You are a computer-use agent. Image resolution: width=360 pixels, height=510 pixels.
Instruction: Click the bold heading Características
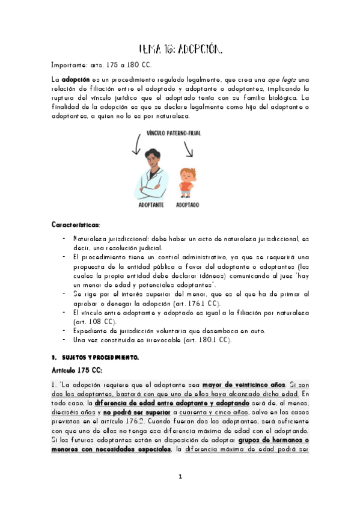click(x=75, y=224)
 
